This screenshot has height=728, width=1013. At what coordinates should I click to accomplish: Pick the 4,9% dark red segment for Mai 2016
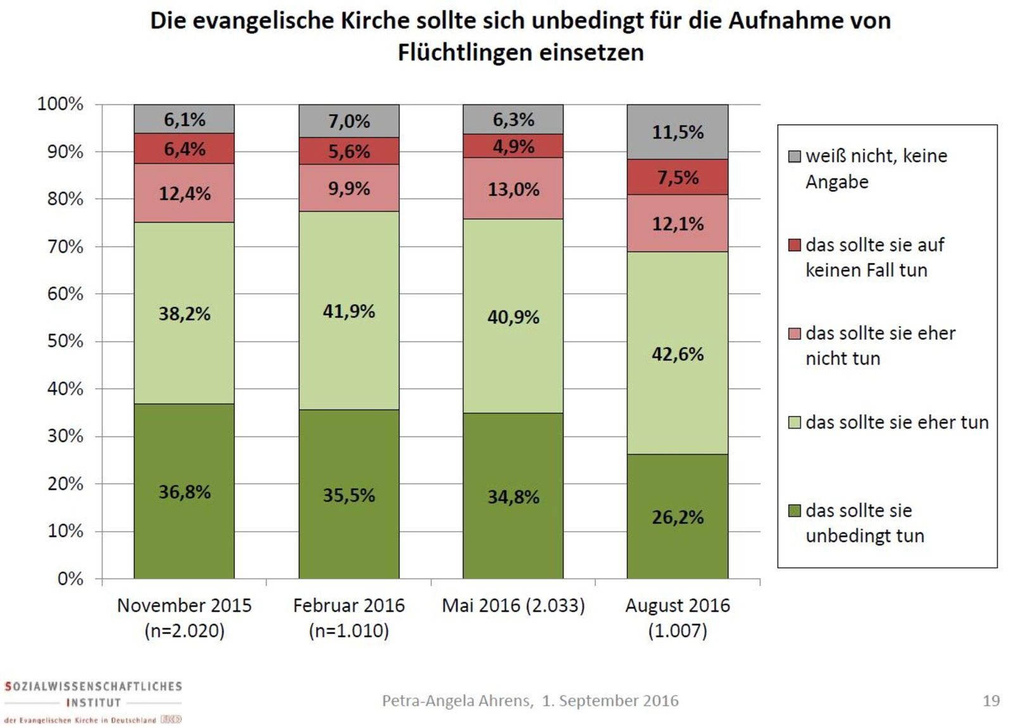click(513, 146)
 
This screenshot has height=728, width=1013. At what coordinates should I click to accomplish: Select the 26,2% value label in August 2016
click(677, 517)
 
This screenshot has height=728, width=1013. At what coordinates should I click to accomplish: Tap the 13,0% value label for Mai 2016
click(513, 189)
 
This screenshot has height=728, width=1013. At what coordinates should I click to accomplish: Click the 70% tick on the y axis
click(66, 246)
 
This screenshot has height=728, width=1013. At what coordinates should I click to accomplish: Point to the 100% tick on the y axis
click(61, 104)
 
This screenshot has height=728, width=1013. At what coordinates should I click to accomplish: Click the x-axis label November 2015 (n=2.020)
click(184, 618)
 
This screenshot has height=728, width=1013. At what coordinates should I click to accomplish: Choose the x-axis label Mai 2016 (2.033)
click(513, 606)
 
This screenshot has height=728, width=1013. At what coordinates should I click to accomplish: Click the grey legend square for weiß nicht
click(794, 156)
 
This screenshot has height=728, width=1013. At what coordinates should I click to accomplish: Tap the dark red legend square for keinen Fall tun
click(794, 245)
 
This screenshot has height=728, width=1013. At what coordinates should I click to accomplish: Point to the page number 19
click(991, 701)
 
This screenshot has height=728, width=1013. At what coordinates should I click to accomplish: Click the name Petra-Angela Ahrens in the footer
click(456, 701)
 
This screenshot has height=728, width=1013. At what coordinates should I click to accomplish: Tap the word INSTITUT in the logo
click(93, 703)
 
